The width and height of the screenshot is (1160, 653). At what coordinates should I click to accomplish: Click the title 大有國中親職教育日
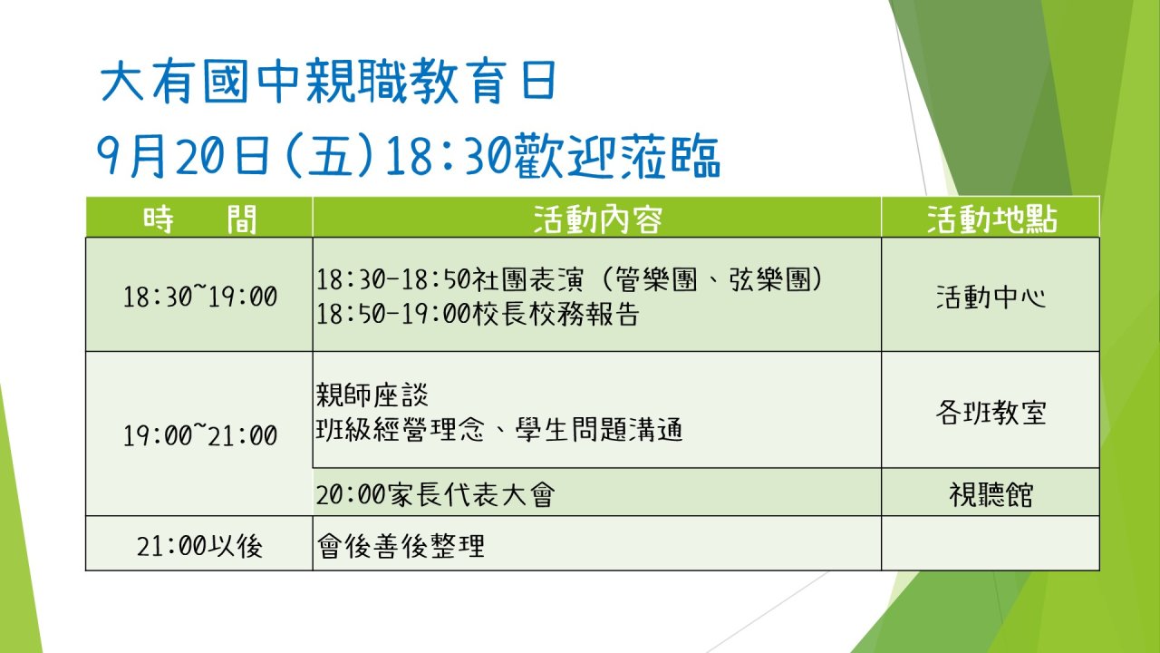click(328, 82)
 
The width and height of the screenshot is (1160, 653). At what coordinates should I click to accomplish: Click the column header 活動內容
click(597, 219)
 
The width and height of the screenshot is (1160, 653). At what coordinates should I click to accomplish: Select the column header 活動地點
click(991, 219)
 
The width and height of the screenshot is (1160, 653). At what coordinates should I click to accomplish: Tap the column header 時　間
click(200, 219)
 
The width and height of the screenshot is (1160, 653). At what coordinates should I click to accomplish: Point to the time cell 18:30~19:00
click(200, 297)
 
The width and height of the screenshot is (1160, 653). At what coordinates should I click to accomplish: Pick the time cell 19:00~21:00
click(200, 434)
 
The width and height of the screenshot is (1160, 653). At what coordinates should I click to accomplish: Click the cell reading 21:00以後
click(200, 546)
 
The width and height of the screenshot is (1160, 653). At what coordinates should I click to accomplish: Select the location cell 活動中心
click(991, 297)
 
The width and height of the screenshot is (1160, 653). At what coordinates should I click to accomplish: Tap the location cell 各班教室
click(991, 413)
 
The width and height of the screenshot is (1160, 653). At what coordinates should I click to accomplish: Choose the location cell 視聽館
click(991, 494)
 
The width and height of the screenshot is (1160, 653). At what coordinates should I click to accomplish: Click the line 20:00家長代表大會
click(436, 494)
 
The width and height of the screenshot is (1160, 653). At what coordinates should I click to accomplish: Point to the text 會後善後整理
click(401, 546)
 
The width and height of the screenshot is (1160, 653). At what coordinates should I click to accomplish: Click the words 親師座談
click(372, 395)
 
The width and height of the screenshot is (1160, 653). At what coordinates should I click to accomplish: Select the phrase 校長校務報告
click(556, 314)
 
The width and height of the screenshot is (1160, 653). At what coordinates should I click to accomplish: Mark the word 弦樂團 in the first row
click(769, 279)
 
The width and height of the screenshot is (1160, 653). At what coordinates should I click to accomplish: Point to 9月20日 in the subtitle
click(184, 156)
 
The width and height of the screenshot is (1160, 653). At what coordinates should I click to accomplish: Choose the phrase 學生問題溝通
click(599, 430)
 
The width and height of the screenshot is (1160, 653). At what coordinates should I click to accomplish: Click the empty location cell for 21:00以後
click(991, 543)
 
